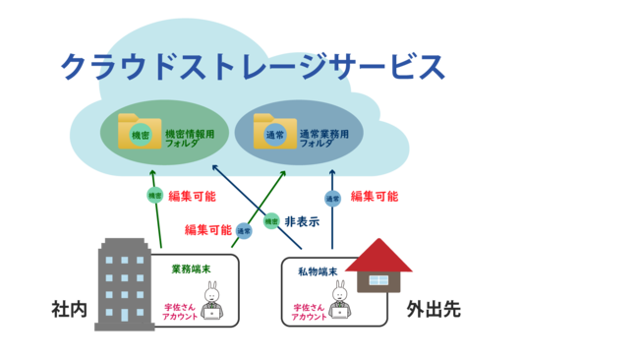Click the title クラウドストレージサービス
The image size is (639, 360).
[x=253, y=67]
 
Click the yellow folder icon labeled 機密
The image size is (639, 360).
[x=140, y=133]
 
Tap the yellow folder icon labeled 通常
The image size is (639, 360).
[x=274, y=133]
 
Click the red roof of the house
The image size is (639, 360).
[x=378, y=255]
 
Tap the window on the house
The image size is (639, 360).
[x=378, y=281]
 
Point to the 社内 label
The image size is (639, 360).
[x=69, y=309]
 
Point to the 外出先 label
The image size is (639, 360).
[x=434, y=309]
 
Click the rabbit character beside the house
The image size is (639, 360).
[x=339, y=300]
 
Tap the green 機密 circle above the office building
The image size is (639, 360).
[x=154, y=195]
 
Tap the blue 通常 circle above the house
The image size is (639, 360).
[x=332, y=198]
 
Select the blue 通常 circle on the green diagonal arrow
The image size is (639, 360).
[x=244, y=230]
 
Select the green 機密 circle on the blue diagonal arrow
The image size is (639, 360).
[x=272, y=221]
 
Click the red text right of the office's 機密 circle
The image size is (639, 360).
[x=193, y=196]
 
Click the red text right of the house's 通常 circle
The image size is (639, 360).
[x=375, y=196]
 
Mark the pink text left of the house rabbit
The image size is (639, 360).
[x=309, y=312]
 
